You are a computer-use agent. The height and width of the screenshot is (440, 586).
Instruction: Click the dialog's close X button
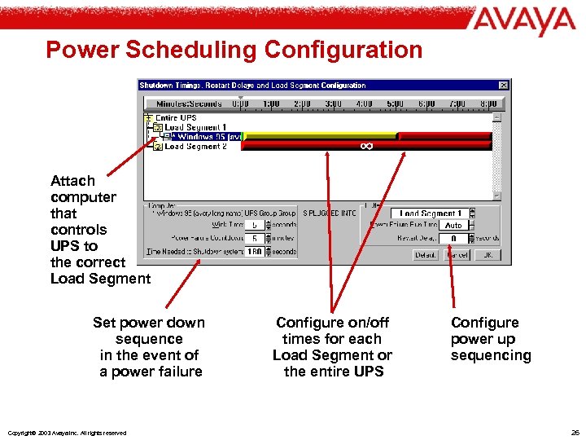point(504,85)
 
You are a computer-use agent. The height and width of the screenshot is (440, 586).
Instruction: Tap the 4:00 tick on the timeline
point(364,103)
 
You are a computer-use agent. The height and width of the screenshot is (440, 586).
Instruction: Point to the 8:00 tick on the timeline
point(488,103)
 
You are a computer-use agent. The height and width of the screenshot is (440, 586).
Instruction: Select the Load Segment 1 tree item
point(195,127)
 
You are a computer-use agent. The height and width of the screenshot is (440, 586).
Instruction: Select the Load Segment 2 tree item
point(195,147)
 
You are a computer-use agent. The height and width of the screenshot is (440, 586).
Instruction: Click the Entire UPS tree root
point(177,118)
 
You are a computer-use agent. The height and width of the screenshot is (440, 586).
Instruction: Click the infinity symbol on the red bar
point(366,146)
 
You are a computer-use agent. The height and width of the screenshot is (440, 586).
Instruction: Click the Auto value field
point(453,225)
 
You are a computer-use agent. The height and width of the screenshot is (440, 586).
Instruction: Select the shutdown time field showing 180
point(254,252)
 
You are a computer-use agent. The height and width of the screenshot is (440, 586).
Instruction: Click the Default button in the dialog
point(426,255)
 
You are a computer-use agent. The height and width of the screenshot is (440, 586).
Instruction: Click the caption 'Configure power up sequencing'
point(491,339)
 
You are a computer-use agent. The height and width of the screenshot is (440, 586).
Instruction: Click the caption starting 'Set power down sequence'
point(149,347)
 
